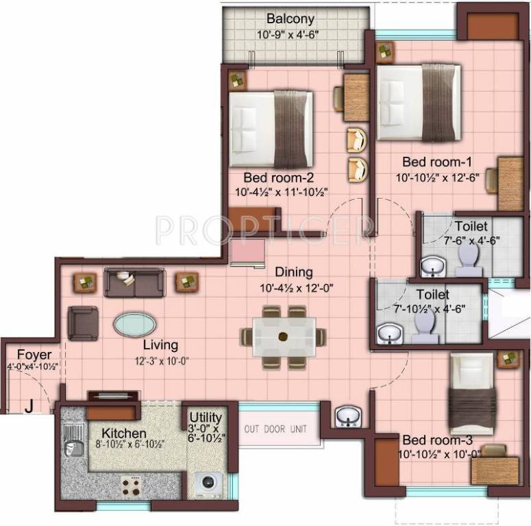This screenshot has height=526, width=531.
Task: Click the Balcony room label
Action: point(291,18)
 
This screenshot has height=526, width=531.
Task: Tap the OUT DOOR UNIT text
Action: point(276,429)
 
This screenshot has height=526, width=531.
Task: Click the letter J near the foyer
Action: point(29,406)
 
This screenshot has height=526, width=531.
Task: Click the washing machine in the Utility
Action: point(208,484)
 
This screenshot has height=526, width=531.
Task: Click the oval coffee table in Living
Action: point(134,324)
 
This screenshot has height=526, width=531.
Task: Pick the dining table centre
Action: point(283,336)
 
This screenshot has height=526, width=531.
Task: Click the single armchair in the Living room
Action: point(83,323)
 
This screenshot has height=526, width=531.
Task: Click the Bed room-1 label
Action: point(437,162)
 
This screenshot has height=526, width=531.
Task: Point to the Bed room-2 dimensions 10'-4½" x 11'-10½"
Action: point(281,192)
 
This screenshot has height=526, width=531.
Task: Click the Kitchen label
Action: point(124,434)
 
